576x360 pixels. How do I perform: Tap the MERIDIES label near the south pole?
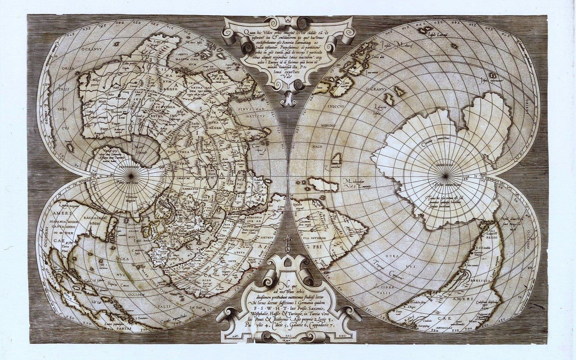pyautogui.click(x=445, y=165)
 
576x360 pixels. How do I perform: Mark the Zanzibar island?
pyautogui.click(x=338, y=158)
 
